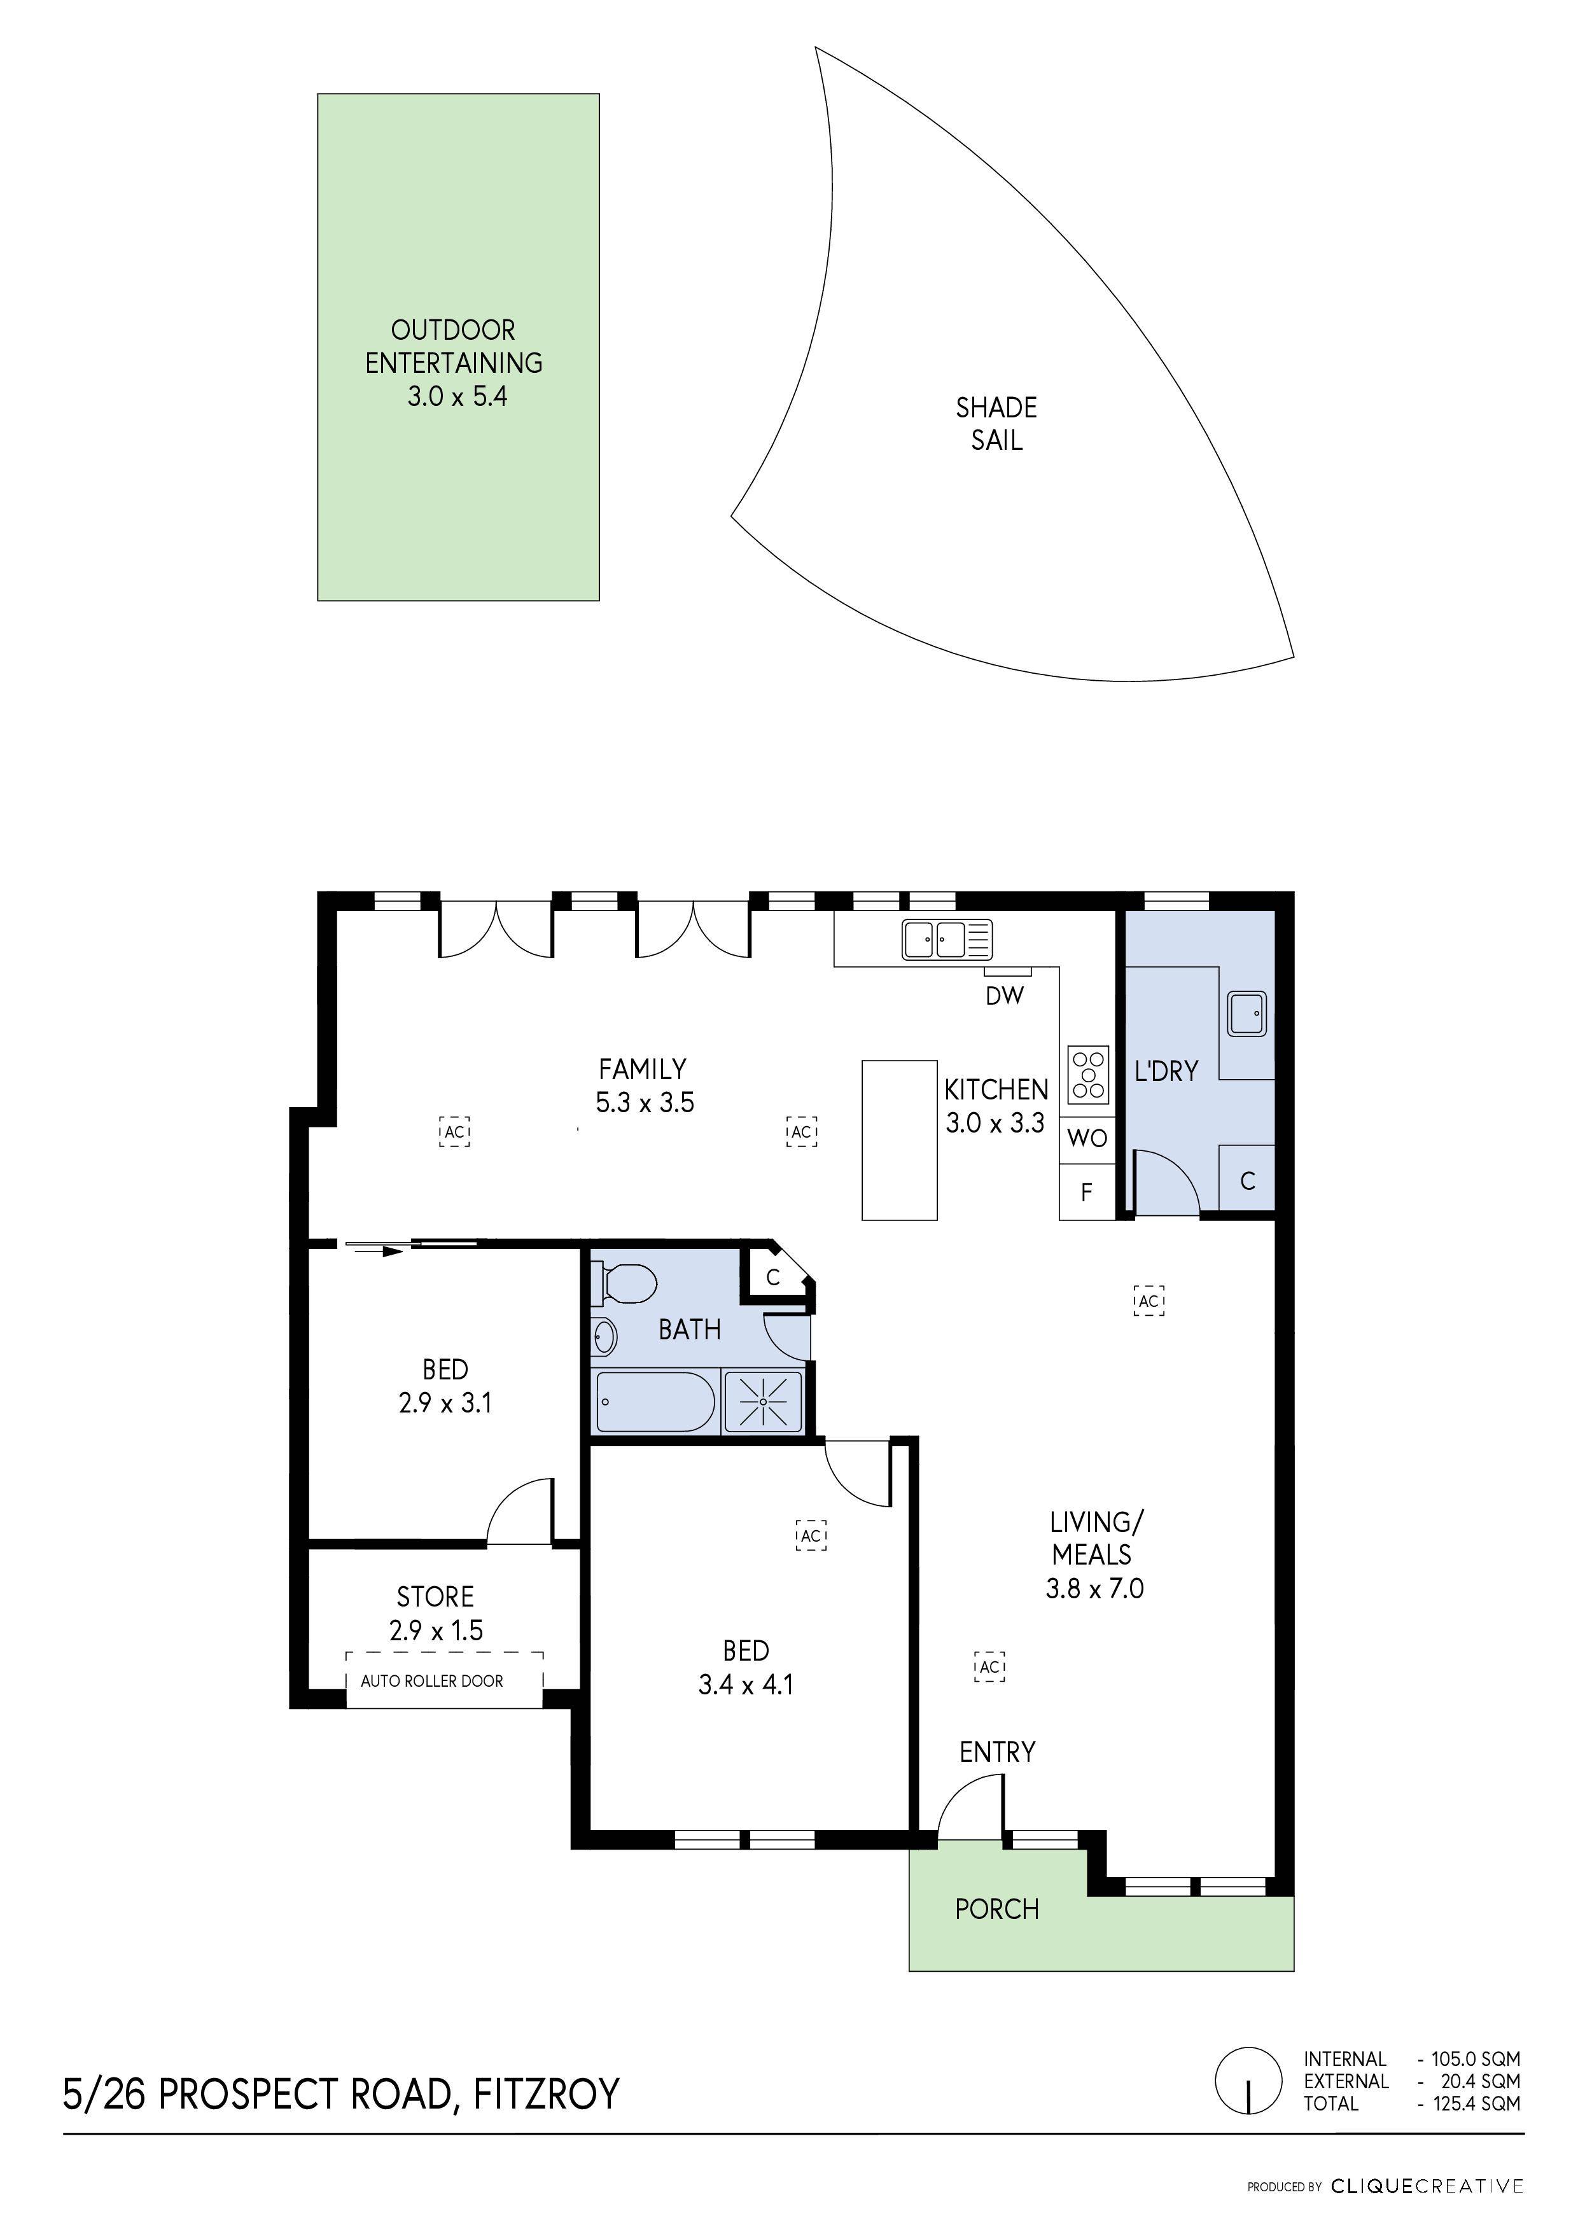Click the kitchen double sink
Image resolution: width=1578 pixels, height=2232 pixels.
point(946,939)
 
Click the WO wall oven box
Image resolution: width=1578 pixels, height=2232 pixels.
point(1087,1138)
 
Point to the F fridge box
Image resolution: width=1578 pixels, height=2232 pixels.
point(1087,1192)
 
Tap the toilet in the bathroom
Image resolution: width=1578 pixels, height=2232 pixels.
point(626,1283)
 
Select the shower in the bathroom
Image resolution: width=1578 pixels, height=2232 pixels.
point(764,1401)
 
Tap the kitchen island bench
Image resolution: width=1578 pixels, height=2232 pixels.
point(899,1140)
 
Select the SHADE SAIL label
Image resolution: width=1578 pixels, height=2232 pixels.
point(996,424)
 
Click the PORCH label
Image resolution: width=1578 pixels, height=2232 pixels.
point(996,1909)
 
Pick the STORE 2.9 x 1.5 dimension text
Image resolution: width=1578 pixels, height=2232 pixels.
point(436,1630)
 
